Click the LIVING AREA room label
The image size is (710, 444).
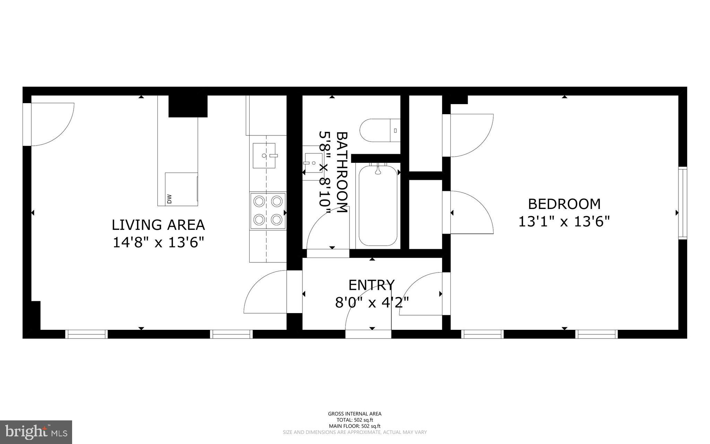[158, 225]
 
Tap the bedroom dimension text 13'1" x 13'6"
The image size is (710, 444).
[564, 221]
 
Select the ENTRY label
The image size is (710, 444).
[371, 285]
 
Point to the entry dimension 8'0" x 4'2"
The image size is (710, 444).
[372, 303]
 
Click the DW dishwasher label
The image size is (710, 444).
[169, 199]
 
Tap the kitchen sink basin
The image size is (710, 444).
[264, 156]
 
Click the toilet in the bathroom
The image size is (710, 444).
[380, 130]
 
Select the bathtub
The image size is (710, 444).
[378, 206]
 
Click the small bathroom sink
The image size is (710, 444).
[312, 163]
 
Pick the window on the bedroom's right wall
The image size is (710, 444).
[682, 203]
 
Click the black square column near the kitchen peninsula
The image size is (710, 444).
[188, 106]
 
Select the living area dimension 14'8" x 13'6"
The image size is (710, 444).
[158, 243]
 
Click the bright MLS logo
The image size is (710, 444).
[36, 432]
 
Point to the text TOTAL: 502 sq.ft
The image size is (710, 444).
[355, 420]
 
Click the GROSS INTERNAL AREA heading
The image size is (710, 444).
[355, 413]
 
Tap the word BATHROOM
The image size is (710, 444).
[342, 172]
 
